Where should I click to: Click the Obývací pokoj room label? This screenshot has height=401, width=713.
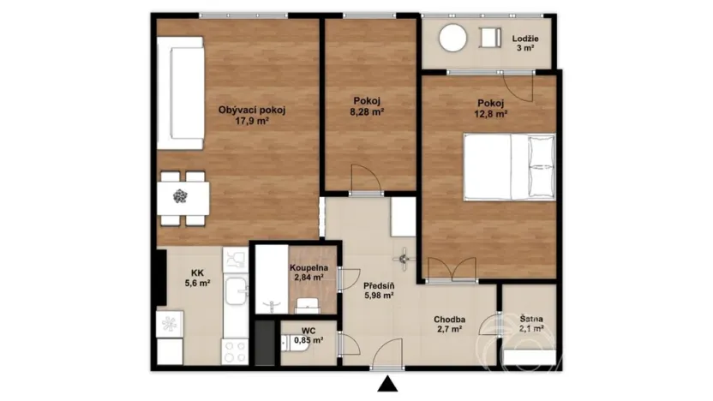point(251,110)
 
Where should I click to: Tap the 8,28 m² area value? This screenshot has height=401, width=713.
point(365,111)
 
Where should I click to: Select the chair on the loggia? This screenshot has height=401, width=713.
point(491,39)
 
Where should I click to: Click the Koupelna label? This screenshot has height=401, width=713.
point(306,266)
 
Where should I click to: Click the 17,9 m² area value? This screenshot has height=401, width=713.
point(251,121)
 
